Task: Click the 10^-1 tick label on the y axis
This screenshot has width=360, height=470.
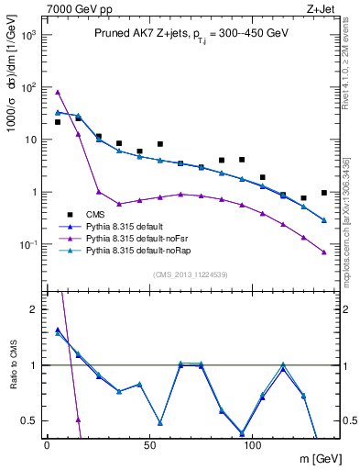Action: click(x=28, y=245)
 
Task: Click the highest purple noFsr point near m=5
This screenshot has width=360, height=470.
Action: click(x=58, y=92)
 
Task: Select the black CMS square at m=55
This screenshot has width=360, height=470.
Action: click(x=160, y=144)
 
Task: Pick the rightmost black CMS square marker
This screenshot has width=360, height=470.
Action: click(x=324, y=193)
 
